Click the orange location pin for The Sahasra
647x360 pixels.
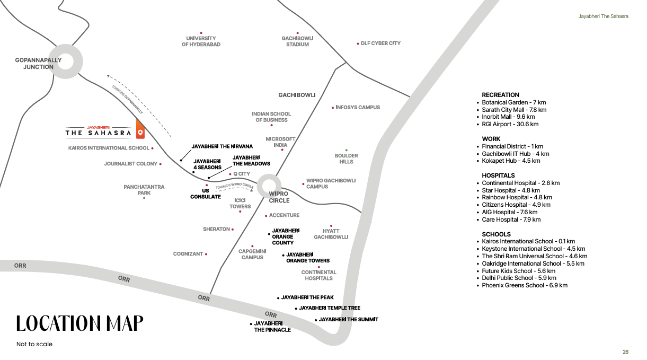pos(140,129)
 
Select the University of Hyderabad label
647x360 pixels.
pos(201,41)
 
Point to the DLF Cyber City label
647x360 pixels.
pos(380,43)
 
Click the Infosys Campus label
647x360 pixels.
pos(358,108)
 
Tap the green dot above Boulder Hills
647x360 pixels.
pos(347,150)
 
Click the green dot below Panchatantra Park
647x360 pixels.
pos(144,198)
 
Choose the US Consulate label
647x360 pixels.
pos(206,194)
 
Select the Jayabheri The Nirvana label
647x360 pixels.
pos(222,146)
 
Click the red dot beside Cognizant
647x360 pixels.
pos(206,254)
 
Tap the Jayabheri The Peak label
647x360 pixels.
pos(307,297)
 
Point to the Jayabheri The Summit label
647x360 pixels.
pos(348,320)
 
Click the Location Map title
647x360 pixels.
pos(79,323)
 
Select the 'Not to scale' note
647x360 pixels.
pos(34,344)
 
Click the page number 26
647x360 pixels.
pos(625,352)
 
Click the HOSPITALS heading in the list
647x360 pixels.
pos(498,175)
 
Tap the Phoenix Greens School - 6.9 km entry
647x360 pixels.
pos(525,285)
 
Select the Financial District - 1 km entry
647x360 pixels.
pos(512,146)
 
